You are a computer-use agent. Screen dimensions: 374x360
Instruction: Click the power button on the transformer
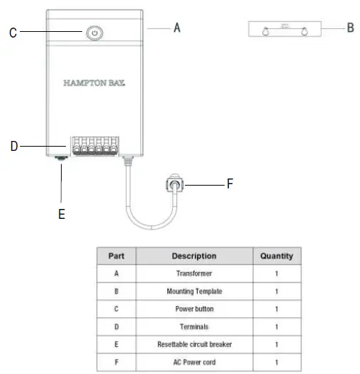pyautogui.click(x=94, y=33)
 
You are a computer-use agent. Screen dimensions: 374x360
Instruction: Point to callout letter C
pyautogui.click(x=13, y=32)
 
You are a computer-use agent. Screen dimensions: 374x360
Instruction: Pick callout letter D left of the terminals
pyautogui.click(x=13, y=147)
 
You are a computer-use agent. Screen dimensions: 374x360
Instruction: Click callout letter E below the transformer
pyautogui.click(x=62, y=214)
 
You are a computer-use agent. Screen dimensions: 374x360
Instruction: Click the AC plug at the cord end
pyautogui.click(x=173, y=186)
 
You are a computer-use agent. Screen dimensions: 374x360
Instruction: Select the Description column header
pyautogui.click(x=193, y=256)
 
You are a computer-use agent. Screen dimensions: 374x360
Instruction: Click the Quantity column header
pyautogui.click(x=276, y=256)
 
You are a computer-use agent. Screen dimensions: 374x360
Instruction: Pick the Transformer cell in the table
pyautogui.click(x=193, y=273)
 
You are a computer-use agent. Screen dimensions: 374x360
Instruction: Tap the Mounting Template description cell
pyautogui.click(x=193, y=291)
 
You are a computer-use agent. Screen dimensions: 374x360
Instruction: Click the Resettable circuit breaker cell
pyautogui.click(x=193, y=344)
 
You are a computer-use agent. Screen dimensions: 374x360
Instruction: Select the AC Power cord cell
pyautogui.click(x=193, y=362)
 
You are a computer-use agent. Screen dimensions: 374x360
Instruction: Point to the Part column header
pyautogui.click(x=116, y=256)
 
